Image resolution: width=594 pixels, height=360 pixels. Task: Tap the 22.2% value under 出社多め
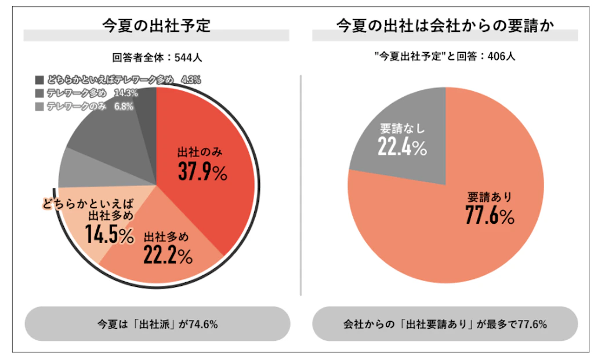click(x=168, y=256)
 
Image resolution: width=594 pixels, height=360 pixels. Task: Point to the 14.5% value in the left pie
click(x=110, y=234)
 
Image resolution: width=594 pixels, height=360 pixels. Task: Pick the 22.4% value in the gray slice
click(x=403, y=148)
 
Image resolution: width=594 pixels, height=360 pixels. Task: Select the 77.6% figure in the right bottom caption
click(x=530, y=324)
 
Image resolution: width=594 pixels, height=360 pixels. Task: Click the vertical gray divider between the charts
click(x=300, y=186)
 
